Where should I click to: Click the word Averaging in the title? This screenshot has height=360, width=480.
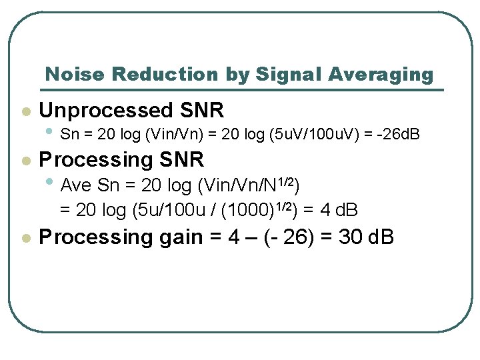[x=380, y=75]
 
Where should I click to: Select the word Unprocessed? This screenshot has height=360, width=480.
[x=105, y=110]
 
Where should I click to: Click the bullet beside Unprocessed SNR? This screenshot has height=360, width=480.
[x=25, y=111]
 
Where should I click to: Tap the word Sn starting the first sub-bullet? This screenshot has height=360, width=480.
[x=68, y=135]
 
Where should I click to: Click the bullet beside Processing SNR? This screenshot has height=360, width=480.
[x=25, y=161]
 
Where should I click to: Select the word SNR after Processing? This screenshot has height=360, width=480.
[x=181, y=160]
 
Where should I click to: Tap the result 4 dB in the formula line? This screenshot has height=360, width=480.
[x=339, y=211]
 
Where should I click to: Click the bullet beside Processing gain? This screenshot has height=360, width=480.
[x=25, y=238]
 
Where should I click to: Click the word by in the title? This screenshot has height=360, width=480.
[x=237, y=75]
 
